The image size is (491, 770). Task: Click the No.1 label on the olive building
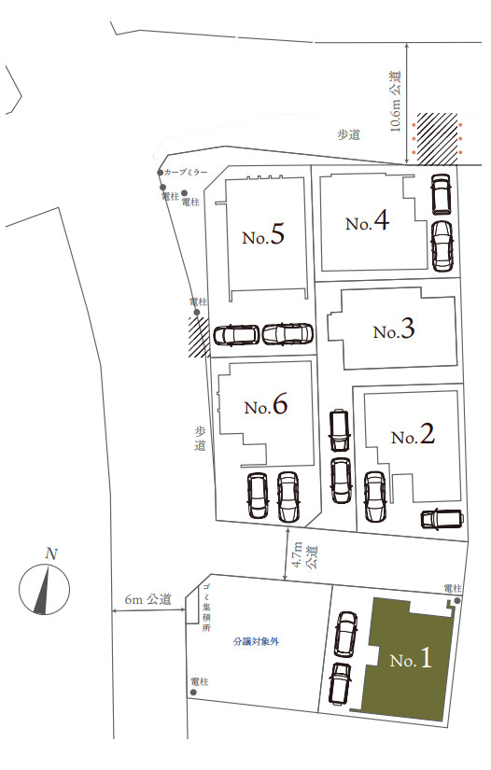pos(411,659)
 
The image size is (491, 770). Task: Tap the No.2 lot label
pos(413,435)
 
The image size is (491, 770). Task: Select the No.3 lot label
pos(393,330)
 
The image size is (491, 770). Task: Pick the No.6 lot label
pos(266,406)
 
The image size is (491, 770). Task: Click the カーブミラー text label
pos(186,173)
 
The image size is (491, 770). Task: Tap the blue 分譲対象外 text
pos(257,642)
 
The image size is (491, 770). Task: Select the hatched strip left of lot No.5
pos(197,337)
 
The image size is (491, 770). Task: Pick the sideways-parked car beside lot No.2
pos(441,518)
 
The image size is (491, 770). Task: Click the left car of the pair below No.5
pos(236,335)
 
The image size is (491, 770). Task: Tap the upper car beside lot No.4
pos(441,194)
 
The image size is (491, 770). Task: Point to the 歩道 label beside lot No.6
pos(200,439)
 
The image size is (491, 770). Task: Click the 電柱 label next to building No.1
pos(452,588)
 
